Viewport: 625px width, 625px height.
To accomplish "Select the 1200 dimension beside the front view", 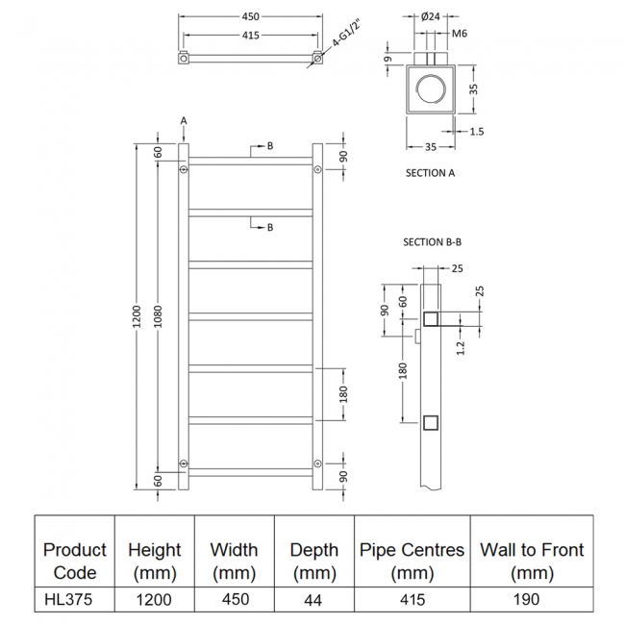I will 137,315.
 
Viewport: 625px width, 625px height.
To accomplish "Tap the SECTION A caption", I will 431,173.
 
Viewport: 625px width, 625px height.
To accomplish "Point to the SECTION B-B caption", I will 425,242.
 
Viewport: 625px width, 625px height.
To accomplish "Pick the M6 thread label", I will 459,34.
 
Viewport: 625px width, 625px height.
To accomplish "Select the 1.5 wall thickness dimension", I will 477,132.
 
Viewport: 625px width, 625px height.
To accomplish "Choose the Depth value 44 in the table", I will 313,598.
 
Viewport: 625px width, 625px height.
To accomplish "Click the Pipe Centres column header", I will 412,561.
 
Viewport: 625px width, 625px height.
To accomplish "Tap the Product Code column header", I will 75,561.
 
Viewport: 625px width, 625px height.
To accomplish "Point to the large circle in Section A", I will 431,93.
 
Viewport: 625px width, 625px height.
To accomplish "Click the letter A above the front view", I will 183,119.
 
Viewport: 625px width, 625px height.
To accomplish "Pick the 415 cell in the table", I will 412,598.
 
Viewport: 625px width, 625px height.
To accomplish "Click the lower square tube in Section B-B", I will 432,422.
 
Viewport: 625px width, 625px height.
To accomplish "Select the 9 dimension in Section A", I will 388,60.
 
